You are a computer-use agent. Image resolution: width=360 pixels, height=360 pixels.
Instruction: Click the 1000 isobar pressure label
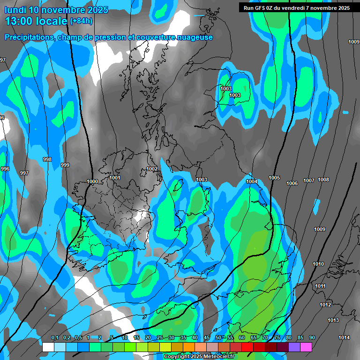92,181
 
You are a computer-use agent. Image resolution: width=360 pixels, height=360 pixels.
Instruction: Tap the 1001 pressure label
115,178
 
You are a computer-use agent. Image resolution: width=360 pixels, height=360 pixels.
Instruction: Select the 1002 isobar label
152,169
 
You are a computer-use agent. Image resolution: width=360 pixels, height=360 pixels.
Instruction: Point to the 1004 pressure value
252,181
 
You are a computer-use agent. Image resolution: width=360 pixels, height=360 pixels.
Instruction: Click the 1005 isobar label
274,178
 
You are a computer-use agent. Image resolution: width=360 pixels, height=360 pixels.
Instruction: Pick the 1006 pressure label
292,183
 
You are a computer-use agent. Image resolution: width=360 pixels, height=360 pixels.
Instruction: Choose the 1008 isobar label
323,180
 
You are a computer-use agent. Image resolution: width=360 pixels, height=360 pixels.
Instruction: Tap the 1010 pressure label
318,264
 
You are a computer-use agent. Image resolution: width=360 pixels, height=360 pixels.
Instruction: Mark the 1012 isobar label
325,305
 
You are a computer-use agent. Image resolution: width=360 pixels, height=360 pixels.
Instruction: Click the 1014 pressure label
344,337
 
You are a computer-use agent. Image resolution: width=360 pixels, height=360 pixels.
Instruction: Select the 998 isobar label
47,159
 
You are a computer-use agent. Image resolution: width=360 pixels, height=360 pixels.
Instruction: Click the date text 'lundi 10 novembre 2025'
56,10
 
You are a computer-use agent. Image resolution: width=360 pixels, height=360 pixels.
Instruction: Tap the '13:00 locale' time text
36,21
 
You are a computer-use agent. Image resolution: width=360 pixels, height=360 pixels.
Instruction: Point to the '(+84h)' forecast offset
81,21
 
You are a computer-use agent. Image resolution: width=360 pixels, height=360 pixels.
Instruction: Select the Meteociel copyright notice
199,357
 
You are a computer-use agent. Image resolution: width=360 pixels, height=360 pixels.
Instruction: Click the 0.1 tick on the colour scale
54,337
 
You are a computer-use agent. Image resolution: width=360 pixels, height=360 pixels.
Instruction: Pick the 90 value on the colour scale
312,337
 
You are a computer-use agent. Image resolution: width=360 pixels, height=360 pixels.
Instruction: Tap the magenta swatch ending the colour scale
306,347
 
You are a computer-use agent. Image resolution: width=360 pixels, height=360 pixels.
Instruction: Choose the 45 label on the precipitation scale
207,337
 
